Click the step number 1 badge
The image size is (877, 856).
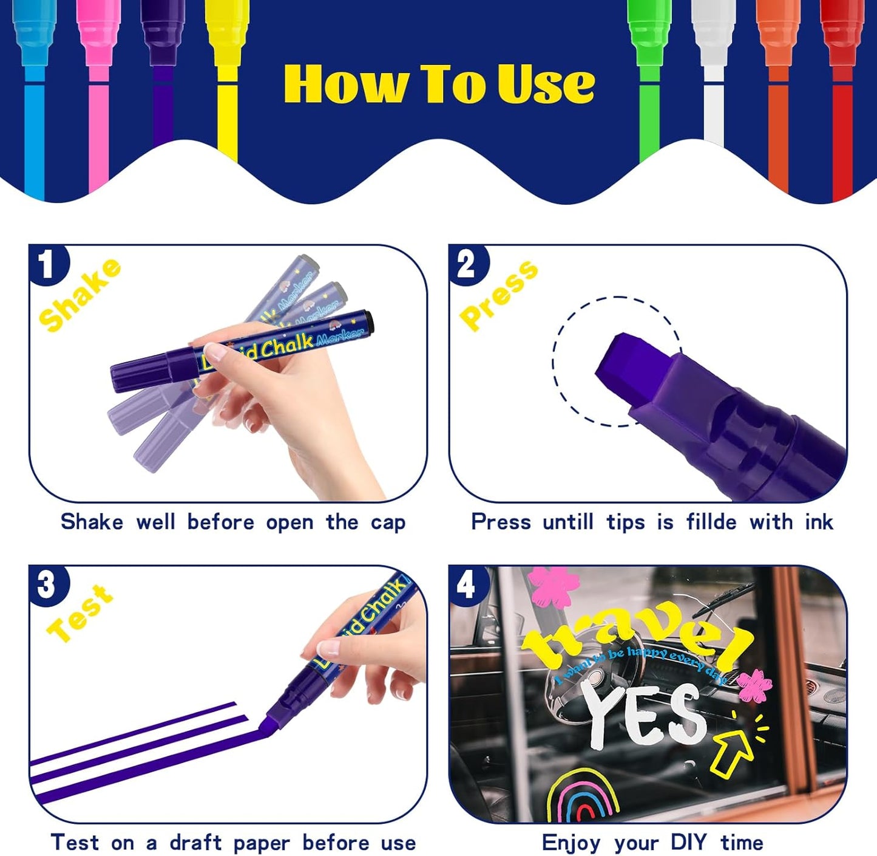47,264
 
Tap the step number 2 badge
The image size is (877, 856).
466,264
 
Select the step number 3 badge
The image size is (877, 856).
47,585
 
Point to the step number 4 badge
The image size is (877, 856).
466,585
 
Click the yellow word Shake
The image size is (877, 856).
79,295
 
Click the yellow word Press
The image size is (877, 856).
498,295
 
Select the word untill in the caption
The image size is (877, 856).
567,522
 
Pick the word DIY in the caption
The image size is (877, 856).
688,843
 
